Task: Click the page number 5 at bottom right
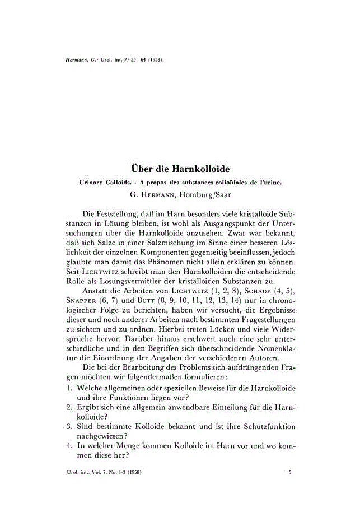coord(289,473)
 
